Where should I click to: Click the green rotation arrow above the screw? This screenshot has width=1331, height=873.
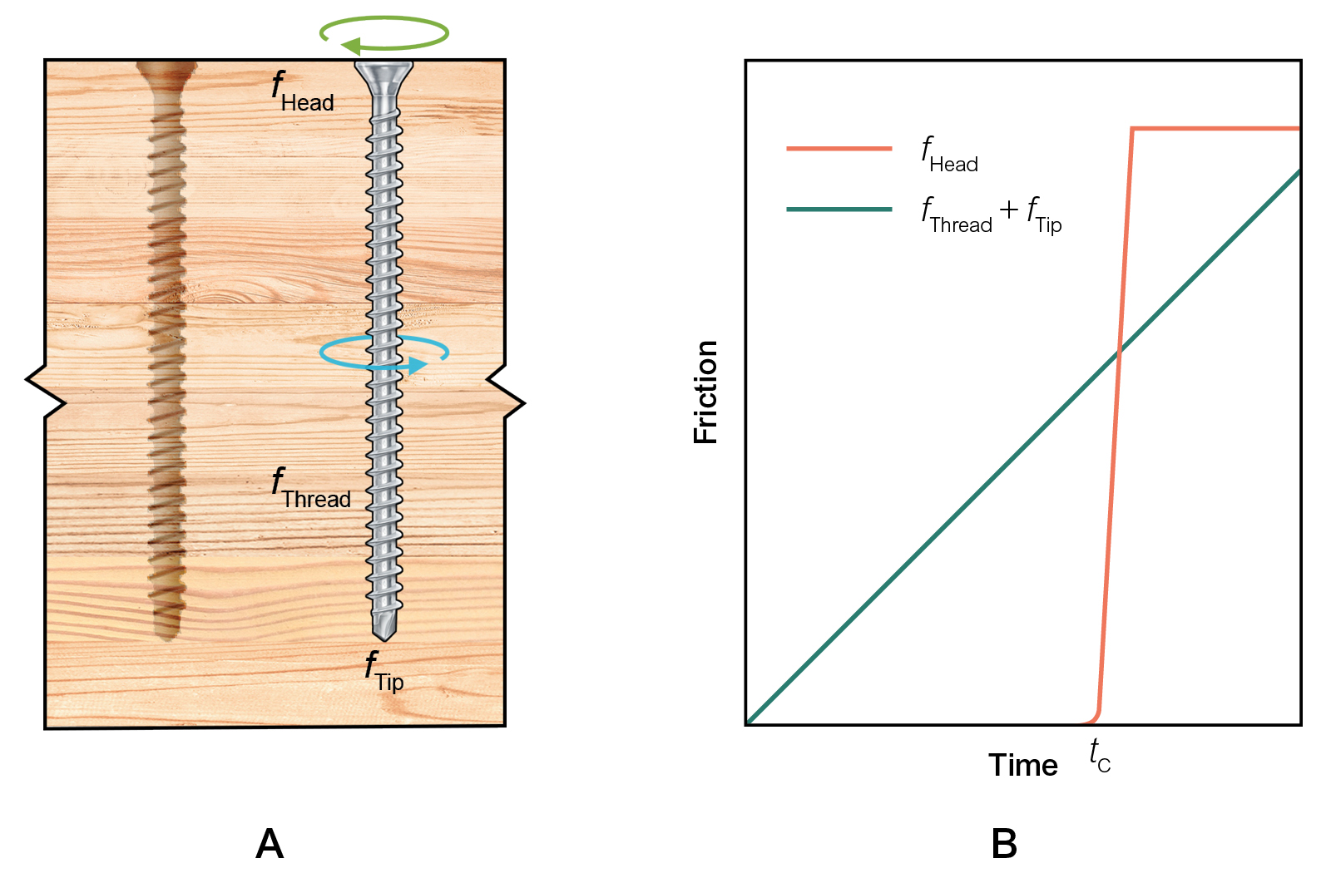384,34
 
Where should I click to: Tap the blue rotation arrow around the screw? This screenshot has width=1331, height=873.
384,353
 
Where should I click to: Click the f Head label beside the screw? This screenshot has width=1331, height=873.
303,92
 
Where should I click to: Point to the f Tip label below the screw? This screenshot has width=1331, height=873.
384,672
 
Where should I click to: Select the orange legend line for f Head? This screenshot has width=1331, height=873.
839,149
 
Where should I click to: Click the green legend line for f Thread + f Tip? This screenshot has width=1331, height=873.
839,210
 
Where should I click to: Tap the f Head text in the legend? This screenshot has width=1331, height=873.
949,155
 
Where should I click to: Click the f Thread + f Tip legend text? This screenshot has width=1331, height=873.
991,215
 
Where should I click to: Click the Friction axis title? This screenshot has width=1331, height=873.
705,392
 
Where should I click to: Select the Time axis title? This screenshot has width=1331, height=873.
1022,765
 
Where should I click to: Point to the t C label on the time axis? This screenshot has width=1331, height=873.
1100,756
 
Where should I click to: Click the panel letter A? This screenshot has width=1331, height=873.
270,844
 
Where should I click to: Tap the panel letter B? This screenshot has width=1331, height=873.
1004,844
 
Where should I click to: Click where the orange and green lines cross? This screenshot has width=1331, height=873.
1119,353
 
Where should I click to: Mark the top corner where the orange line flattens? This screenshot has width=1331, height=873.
1132,129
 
